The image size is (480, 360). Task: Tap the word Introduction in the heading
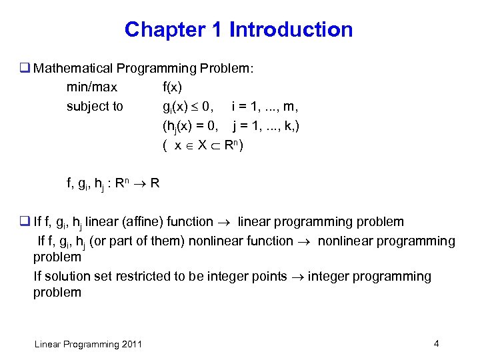pos(291,30)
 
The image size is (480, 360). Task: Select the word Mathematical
pos(73,68)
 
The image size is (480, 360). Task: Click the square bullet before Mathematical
pos(26,68)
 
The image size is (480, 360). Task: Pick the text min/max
pos(92,87)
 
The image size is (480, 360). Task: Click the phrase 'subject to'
pos(95,106)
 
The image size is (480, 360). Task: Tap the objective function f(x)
pos(172,87)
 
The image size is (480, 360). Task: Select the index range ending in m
pos(265,106)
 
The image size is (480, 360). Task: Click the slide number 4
pos(436,343)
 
